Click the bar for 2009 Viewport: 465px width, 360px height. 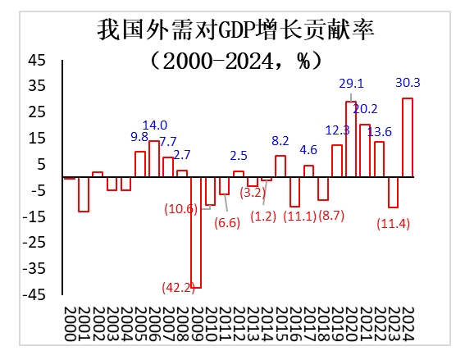point(196,233)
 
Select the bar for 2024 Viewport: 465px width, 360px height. point(408,138)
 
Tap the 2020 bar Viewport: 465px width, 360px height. point(351,139)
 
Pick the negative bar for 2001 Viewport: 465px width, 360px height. point(84,194)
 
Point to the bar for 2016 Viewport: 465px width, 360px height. point(294,192)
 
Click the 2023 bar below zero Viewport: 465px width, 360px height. point(393,193)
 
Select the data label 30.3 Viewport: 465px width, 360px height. point(408,83)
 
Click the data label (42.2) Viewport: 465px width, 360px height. point(178,287)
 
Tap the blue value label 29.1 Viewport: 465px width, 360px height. point(352,84)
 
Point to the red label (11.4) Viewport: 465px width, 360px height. point(393,223)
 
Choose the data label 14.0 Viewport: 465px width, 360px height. point(155,125)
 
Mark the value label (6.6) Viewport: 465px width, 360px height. point(227,223)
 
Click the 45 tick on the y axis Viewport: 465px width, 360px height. point(37,60)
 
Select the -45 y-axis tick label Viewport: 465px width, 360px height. point(34,294)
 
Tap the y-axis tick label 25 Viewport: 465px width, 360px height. point(37,112)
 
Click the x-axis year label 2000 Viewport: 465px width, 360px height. point(70,324)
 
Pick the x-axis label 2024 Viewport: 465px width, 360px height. point(408,324)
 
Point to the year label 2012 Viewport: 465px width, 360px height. point(239,324)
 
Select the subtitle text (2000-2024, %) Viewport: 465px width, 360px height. point(235,62)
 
